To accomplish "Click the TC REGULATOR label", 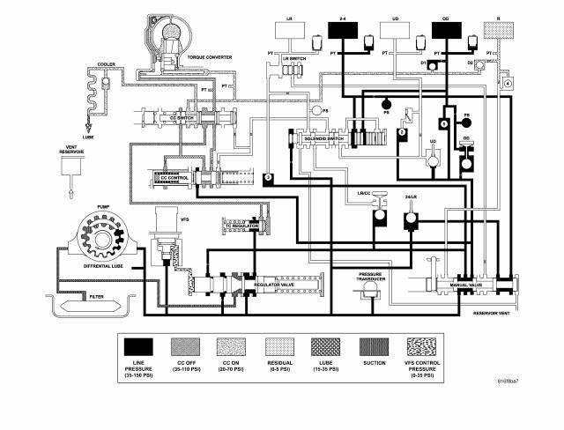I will click(x=239, y=226).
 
